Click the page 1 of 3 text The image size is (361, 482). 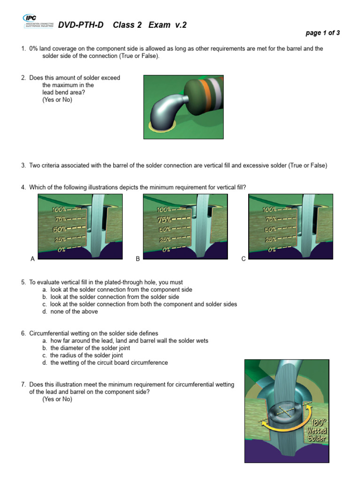(x=322, y=33)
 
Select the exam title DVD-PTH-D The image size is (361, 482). (x=81, y=25)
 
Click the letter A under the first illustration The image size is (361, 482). (x=32, y=259)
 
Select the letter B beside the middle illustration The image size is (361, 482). (x=138, y=259)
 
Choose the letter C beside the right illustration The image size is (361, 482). (x=243, y=259)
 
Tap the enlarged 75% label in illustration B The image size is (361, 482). (x=164, y=219)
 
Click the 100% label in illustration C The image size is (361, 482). (x=270, y=209)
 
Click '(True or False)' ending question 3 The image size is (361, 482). (x=307, y=165)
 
